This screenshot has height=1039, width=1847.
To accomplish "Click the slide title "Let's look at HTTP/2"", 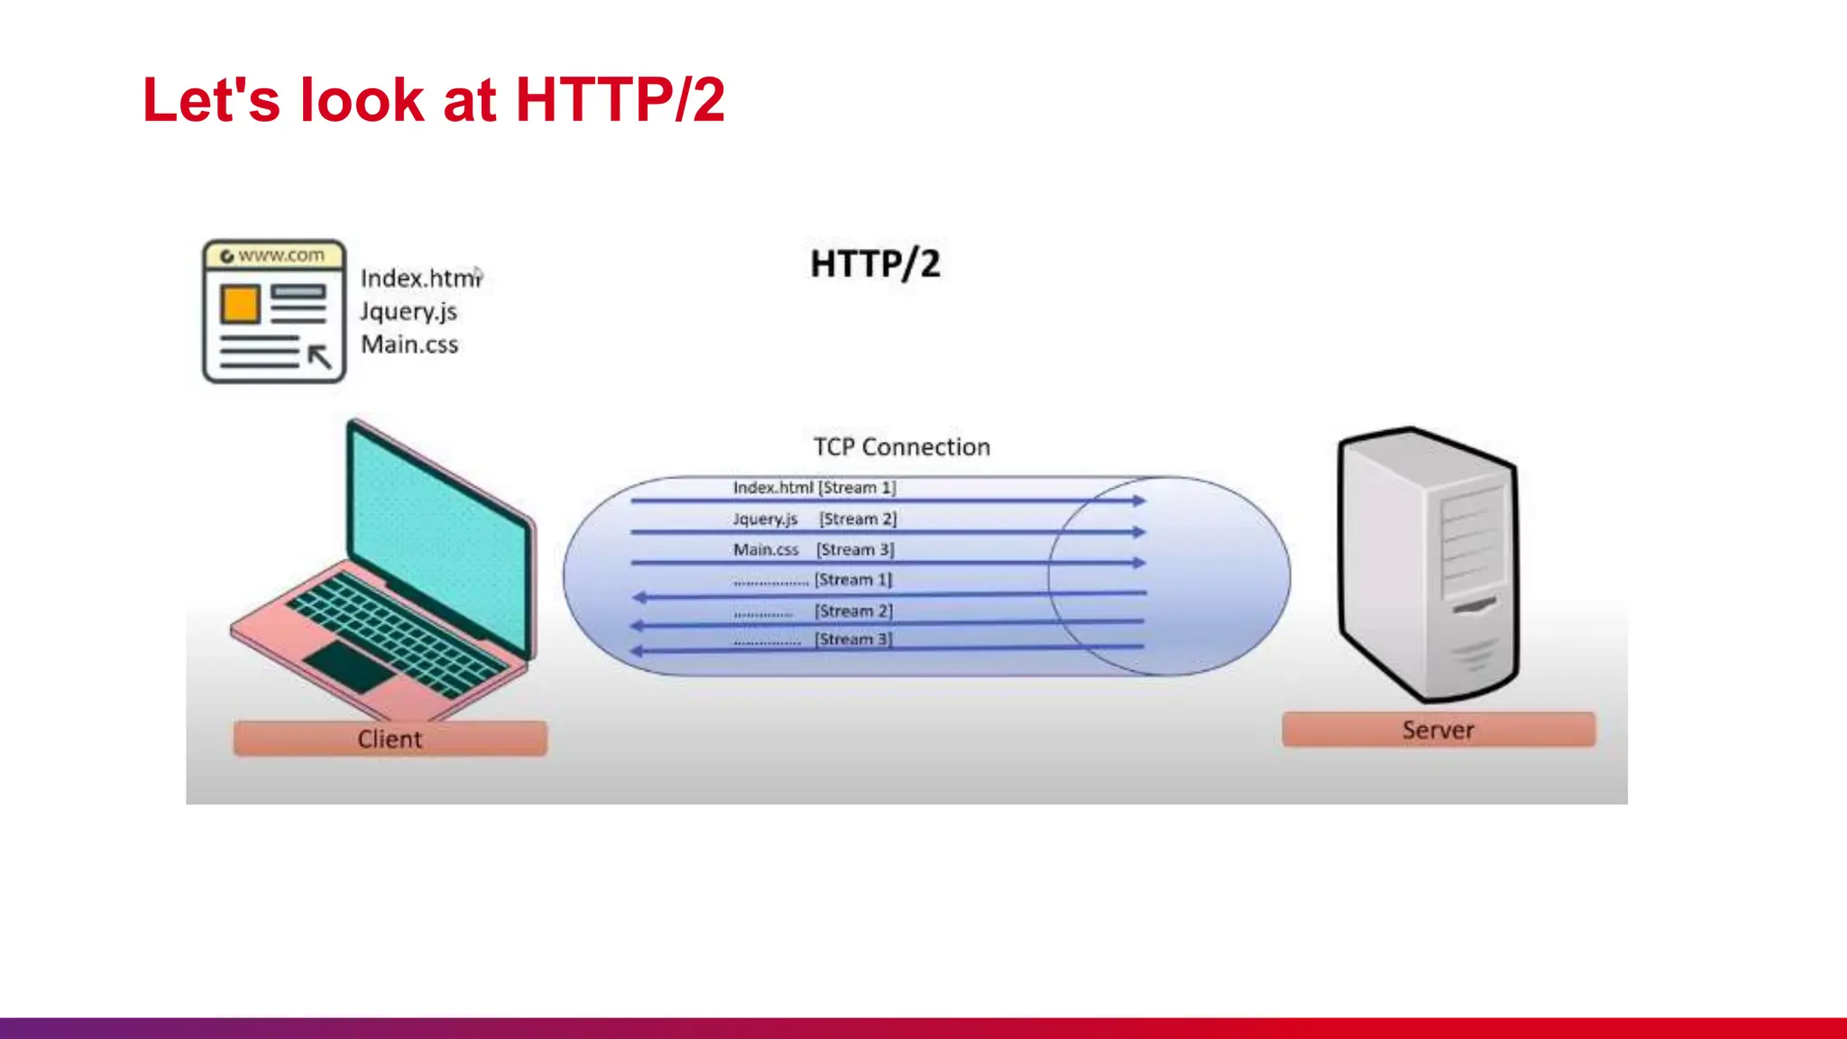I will [x=433, y=99].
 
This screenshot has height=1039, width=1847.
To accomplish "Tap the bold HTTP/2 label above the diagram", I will [x=875, y=264].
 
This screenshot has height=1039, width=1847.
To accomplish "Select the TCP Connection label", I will [x=901, y=447].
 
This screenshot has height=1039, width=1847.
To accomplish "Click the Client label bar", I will [x=390, y=739].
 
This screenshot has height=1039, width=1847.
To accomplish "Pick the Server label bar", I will [x=1438, y=730].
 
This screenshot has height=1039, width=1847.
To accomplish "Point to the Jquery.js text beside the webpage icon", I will [x=409, y=312].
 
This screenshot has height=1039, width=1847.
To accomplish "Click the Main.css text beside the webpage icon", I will [x=409, y=345].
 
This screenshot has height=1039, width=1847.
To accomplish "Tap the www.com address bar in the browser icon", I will [x=274, y=256].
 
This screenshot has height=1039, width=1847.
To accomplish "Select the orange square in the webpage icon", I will [x=240, y=304].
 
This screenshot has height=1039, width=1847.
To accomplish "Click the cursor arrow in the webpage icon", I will [x=320, y=357].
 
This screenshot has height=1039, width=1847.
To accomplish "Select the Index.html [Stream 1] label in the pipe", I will [x=813, y=488].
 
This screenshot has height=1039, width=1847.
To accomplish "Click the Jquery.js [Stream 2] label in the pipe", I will [x=814, y=519].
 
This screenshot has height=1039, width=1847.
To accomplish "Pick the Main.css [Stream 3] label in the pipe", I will [x=813, y=549].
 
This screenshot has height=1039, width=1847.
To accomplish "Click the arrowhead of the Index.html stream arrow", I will [x=1140, y=501].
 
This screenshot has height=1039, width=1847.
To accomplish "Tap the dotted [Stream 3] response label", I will [x=813, y=639].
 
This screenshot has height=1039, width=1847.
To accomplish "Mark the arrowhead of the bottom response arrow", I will [x=638, y=650].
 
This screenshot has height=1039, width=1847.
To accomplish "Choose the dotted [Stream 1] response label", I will [x=812, y=580].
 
